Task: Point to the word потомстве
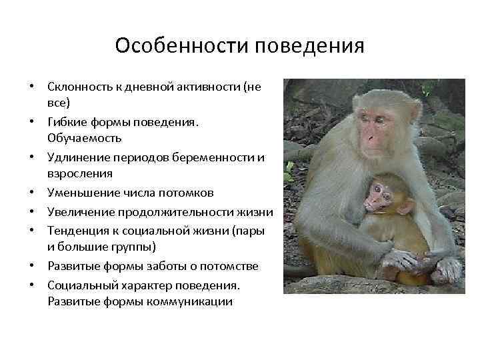click(x=234, y=266)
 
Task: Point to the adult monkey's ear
click(x=416, y=110)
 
